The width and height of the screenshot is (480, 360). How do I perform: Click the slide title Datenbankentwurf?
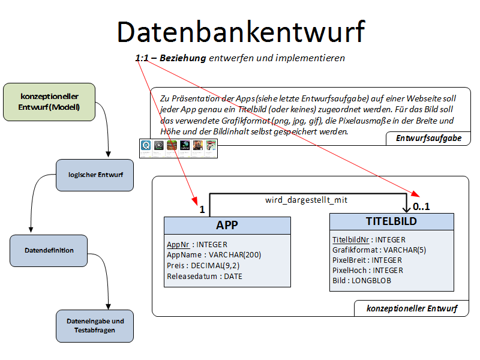click(240, 32)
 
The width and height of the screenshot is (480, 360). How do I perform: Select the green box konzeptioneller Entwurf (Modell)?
click(49, 101)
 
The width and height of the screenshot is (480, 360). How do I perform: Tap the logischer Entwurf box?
click(95, 175)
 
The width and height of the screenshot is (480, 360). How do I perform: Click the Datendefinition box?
click(49, 250)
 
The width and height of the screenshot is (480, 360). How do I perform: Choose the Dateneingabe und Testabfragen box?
click(95, 325)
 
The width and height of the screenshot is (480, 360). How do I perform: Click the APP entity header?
click(227, 225)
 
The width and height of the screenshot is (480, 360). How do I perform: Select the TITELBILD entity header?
click(391, 221)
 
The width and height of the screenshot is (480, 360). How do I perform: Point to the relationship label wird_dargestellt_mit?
click(306, 200)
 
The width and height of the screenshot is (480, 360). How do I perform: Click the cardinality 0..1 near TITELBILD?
click(421, 206)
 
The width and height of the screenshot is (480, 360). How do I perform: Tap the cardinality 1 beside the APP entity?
click(202, 210)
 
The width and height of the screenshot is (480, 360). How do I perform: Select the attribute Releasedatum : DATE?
click(205, 276)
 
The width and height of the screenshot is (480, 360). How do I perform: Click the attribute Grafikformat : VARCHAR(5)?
click(379, 250)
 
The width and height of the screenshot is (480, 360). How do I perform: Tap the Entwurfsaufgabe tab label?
click(428, 138)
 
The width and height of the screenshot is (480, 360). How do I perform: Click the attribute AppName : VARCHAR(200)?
click(214, 255)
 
